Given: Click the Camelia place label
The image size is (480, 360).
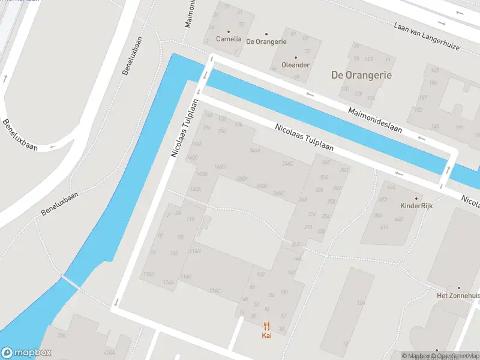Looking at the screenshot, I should pyautogui.click(x=228, y=39).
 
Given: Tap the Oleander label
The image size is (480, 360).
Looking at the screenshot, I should pyautogui.click(x=295, y=65).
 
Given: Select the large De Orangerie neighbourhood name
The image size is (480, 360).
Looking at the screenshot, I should pyautogui.click(x=361, y=75).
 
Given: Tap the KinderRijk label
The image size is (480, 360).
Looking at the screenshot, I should pyautogui.click(x=416, y=205).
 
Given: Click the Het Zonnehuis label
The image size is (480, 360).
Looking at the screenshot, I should pyautogui.click(x=458, y=296).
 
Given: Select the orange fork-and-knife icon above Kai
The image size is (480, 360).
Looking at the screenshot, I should pyautogui.click(x=267, y=326).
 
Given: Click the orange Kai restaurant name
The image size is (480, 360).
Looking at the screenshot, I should pyautogui.click(x=267, y=335).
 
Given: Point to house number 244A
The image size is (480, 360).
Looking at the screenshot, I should pyautogui.click(x=254, y=151).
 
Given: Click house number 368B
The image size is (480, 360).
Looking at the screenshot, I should pyautogui.click(x=261, y=186).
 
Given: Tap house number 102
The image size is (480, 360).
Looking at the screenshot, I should pyautogui.click(x=260, y=274).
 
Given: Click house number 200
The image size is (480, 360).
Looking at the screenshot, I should pyautogui.click(x=221, y=131).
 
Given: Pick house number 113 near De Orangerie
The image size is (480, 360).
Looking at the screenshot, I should pyautogui.click(x=369, y=59).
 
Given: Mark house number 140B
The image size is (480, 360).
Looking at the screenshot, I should pyautogui.click(x=202, y=174).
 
